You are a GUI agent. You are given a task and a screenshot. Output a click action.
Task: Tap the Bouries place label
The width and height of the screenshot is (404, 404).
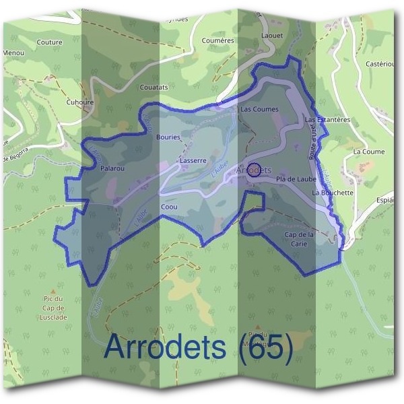(x=168, y=137)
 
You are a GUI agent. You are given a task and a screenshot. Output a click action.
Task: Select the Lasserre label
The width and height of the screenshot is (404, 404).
(x=193, y=161)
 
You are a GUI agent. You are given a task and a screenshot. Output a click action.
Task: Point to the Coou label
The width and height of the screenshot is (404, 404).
(x=169, y=207)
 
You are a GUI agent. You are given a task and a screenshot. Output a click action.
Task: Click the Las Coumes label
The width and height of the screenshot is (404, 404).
(x=259, y=108)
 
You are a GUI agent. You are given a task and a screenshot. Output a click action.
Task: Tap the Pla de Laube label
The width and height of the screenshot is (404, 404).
(x=296, y=179)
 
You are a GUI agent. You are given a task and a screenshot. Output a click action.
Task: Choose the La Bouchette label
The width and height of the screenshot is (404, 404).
(x=333, y=193)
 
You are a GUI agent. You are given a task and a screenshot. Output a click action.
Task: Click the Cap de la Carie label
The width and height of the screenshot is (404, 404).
(x=300, y=239)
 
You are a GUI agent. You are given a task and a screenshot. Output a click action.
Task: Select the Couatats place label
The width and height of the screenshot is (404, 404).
(x=154, y=88)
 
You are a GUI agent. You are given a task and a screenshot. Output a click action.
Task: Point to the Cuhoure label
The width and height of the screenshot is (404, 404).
(x=80, y=103)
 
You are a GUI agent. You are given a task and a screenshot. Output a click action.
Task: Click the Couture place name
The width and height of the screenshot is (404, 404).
(x=50, y=42)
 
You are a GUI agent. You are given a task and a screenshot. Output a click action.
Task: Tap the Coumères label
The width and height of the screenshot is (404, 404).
(x=217, y=40)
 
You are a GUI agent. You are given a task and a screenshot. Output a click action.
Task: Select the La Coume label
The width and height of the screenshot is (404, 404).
(x=369, y=152)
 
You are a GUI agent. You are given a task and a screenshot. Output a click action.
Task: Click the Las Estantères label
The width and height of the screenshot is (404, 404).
(x=328, y=120)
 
